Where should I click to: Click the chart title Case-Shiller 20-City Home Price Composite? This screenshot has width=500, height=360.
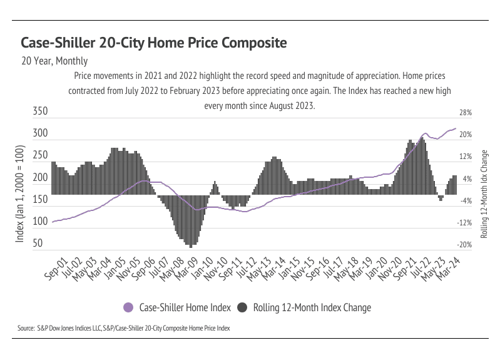(154, 43)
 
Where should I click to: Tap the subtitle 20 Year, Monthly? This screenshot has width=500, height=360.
(54, 61)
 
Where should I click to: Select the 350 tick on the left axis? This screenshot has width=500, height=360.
(39, 111)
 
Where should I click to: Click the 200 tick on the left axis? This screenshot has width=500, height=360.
(39, 177)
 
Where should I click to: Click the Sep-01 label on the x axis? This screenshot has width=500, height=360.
(57, 267)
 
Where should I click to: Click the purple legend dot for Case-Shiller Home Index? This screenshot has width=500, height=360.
(129, 307)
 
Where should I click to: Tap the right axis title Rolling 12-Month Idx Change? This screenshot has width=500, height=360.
(484, 194)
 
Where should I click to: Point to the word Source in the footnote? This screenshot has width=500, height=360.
(26, 327)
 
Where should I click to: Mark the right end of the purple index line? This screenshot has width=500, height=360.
(456, 129)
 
